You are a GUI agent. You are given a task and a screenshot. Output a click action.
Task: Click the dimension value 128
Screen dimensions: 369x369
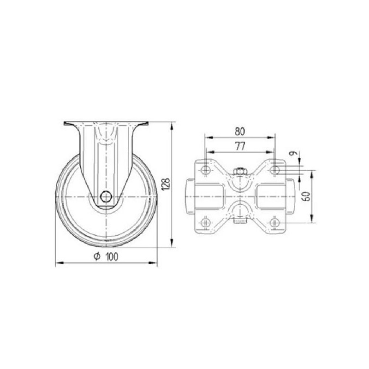tap(167, 184)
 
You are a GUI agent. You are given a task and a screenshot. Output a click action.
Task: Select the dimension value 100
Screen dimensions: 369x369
tap(112, 257)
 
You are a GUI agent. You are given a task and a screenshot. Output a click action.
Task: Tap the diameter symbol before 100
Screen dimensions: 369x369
tap(97, 256)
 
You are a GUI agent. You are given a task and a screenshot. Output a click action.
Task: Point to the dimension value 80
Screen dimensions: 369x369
tap(240, 131)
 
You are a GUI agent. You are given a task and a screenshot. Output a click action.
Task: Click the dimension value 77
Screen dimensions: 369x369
tap(240, 146)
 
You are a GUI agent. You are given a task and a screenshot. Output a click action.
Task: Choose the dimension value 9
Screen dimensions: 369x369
tap(293, 154)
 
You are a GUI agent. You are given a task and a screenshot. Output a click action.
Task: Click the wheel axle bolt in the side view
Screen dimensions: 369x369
tap(106, 196)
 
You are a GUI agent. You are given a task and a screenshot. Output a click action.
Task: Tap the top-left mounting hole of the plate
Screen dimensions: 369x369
tap(206, 169)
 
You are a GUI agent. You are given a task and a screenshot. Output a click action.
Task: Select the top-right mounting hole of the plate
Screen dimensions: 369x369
tap(274, 170)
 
